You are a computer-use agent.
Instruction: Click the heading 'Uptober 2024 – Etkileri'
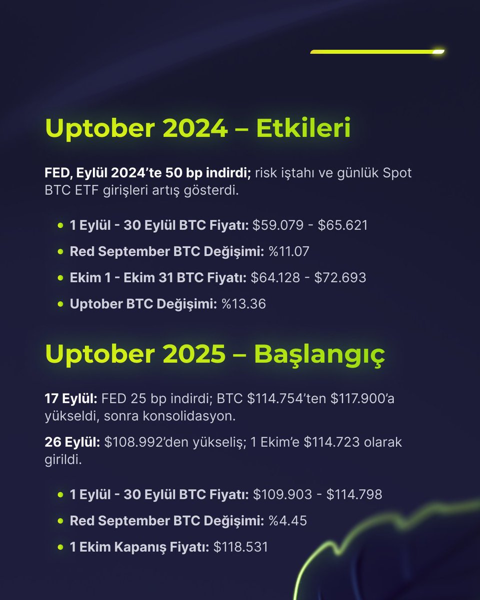click(x=197, y=129)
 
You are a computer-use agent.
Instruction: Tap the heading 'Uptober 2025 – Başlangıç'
click(x=215, y=354)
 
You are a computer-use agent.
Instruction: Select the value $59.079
click(x=278, y=225)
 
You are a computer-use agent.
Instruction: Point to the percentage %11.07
click(x=288, y=251)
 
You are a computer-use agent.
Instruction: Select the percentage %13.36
click(x=243, y=303)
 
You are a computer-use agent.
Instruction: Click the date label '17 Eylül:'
click(x=71, y=399)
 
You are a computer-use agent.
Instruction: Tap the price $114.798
click(x=354, y=494)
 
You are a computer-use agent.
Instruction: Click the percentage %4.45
click(x=287, y=520)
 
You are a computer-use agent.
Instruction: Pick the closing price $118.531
click(x=240, y=546)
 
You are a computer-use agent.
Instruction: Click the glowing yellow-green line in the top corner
click(x=377, y=51)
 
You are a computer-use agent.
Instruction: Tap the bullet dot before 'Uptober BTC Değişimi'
click(x=60, y=303)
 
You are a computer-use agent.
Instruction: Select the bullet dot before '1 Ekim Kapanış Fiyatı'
click(x=60, y=546)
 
